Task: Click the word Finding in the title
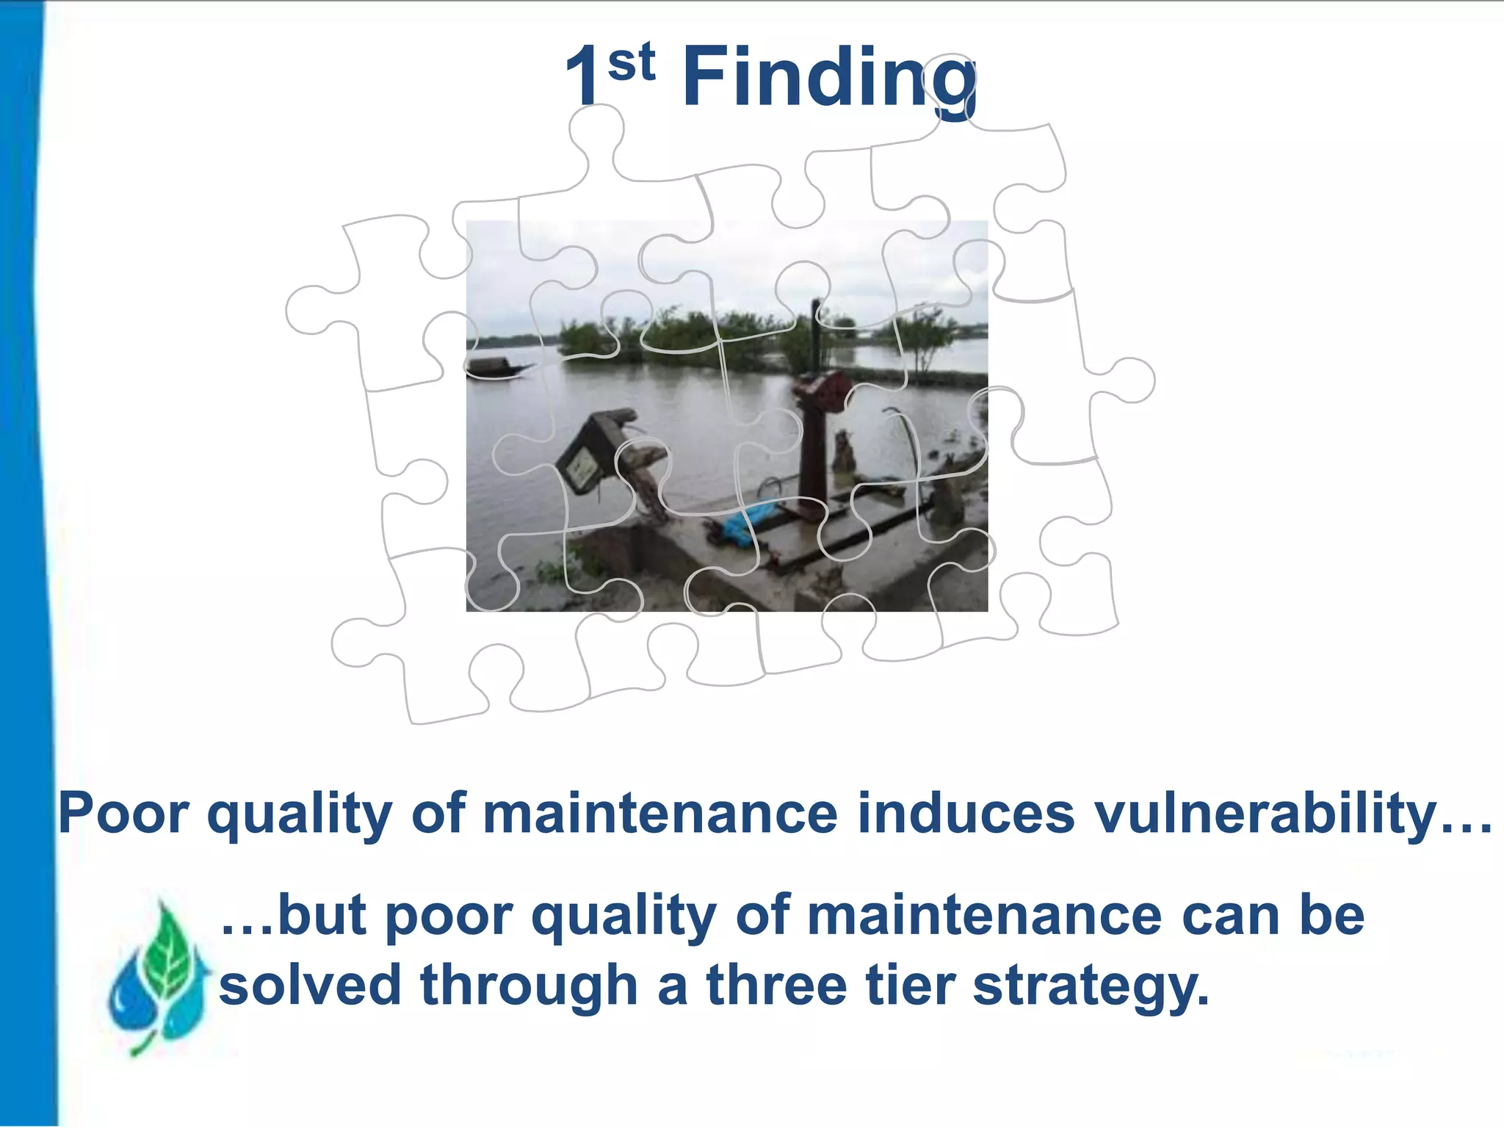point(830,77)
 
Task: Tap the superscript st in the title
point(632,62)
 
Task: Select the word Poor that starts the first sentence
point(123,813)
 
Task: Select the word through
point(529,986)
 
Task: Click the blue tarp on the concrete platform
point(745,522)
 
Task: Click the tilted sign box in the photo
point(587,455)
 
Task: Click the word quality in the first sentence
point(300,814)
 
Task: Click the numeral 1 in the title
point(584,77)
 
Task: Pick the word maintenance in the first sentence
point(659,813)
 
